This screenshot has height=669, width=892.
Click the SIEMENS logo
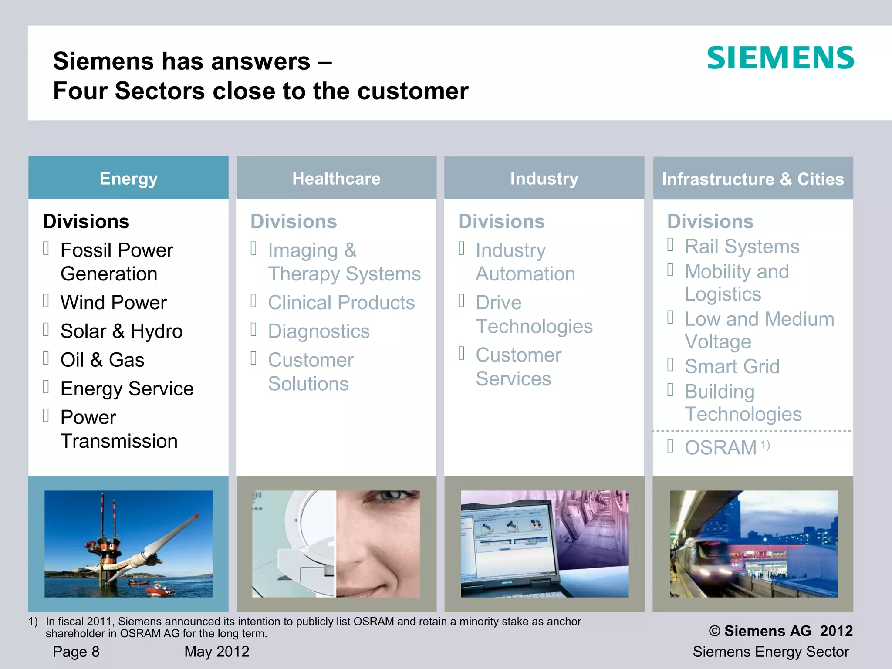click(x=780, y=58)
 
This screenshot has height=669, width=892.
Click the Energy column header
click(x=128, y=179)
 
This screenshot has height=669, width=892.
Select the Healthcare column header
click(x=336, y=179)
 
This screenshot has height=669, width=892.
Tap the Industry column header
click(x=544, y=179)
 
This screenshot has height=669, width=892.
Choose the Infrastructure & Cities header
click(x=753, y=179)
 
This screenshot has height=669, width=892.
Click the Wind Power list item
click(x=113, y=303)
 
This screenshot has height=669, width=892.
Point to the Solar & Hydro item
click(x=121, y=331)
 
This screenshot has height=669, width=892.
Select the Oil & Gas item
click(x=102, y=360)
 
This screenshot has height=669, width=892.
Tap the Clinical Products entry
click(x=341, y=303)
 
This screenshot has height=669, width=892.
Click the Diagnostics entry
click(x=318, y=331)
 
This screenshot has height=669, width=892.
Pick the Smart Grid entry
click(x=732, y=366)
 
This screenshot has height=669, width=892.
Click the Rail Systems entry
click(x=742, y=247)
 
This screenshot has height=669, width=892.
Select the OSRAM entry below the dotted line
click(x=720, y=448)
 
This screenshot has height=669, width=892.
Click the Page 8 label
click(x=76, y=652)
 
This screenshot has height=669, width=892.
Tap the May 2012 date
click(x=216, y=652)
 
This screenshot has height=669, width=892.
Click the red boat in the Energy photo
click(x=159, y=590)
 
